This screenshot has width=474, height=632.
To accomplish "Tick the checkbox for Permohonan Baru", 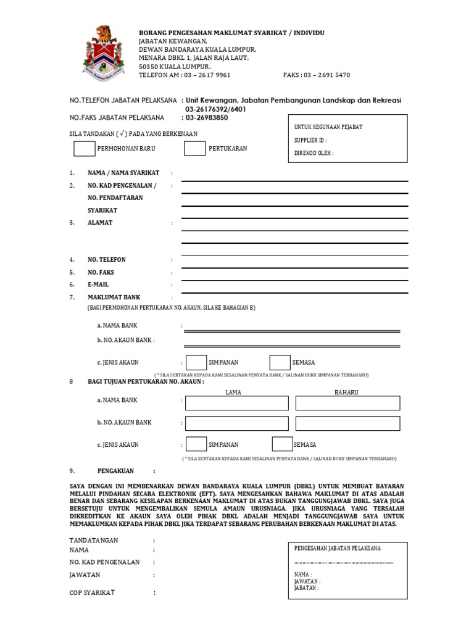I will [x=85, y=149].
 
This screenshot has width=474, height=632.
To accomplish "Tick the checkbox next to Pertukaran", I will [x=194, y=149].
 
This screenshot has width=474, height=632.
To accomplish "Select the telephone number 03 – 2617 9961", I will [x=207, y=75].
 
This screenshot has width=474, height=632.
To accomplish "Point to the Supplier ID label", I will [x=310, y=140].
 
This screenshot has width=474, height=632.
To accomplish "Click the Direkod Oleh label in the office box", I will [x=314, y=153].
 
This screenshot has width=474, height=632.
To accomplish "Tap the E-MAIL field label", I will [x=98, y=285].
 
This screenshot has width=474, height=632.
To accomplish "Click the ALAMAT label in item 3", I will [x=100, y=223].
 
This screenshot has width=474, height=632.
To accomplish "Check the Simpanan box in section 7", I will [x=196, y=362].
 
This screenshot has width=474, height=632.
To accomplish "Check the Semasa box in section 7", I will [x=280, y=362].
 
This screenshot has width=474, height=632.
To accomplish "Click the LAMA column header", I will [x=233, y=393].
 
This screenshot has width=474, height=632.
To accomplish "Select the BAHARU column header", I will [x=346, y=393].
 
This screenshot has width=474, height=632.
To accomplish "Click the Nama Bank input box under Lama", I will [x=237, y=403].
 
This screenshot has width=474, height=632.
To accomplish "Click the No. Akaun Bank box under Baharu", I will [x=347, y=423].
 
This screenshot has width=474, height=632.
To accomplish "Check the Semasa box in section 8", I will [x=282, y=444].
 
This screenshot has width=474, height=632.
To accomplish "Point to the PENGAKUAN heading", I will [x=115, y=471].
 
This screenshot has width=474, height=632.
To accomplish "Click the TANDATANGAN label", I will [x=94, y=540].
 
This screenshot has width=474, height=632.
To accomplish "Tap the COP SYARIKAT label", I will [x=93, y=592].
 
